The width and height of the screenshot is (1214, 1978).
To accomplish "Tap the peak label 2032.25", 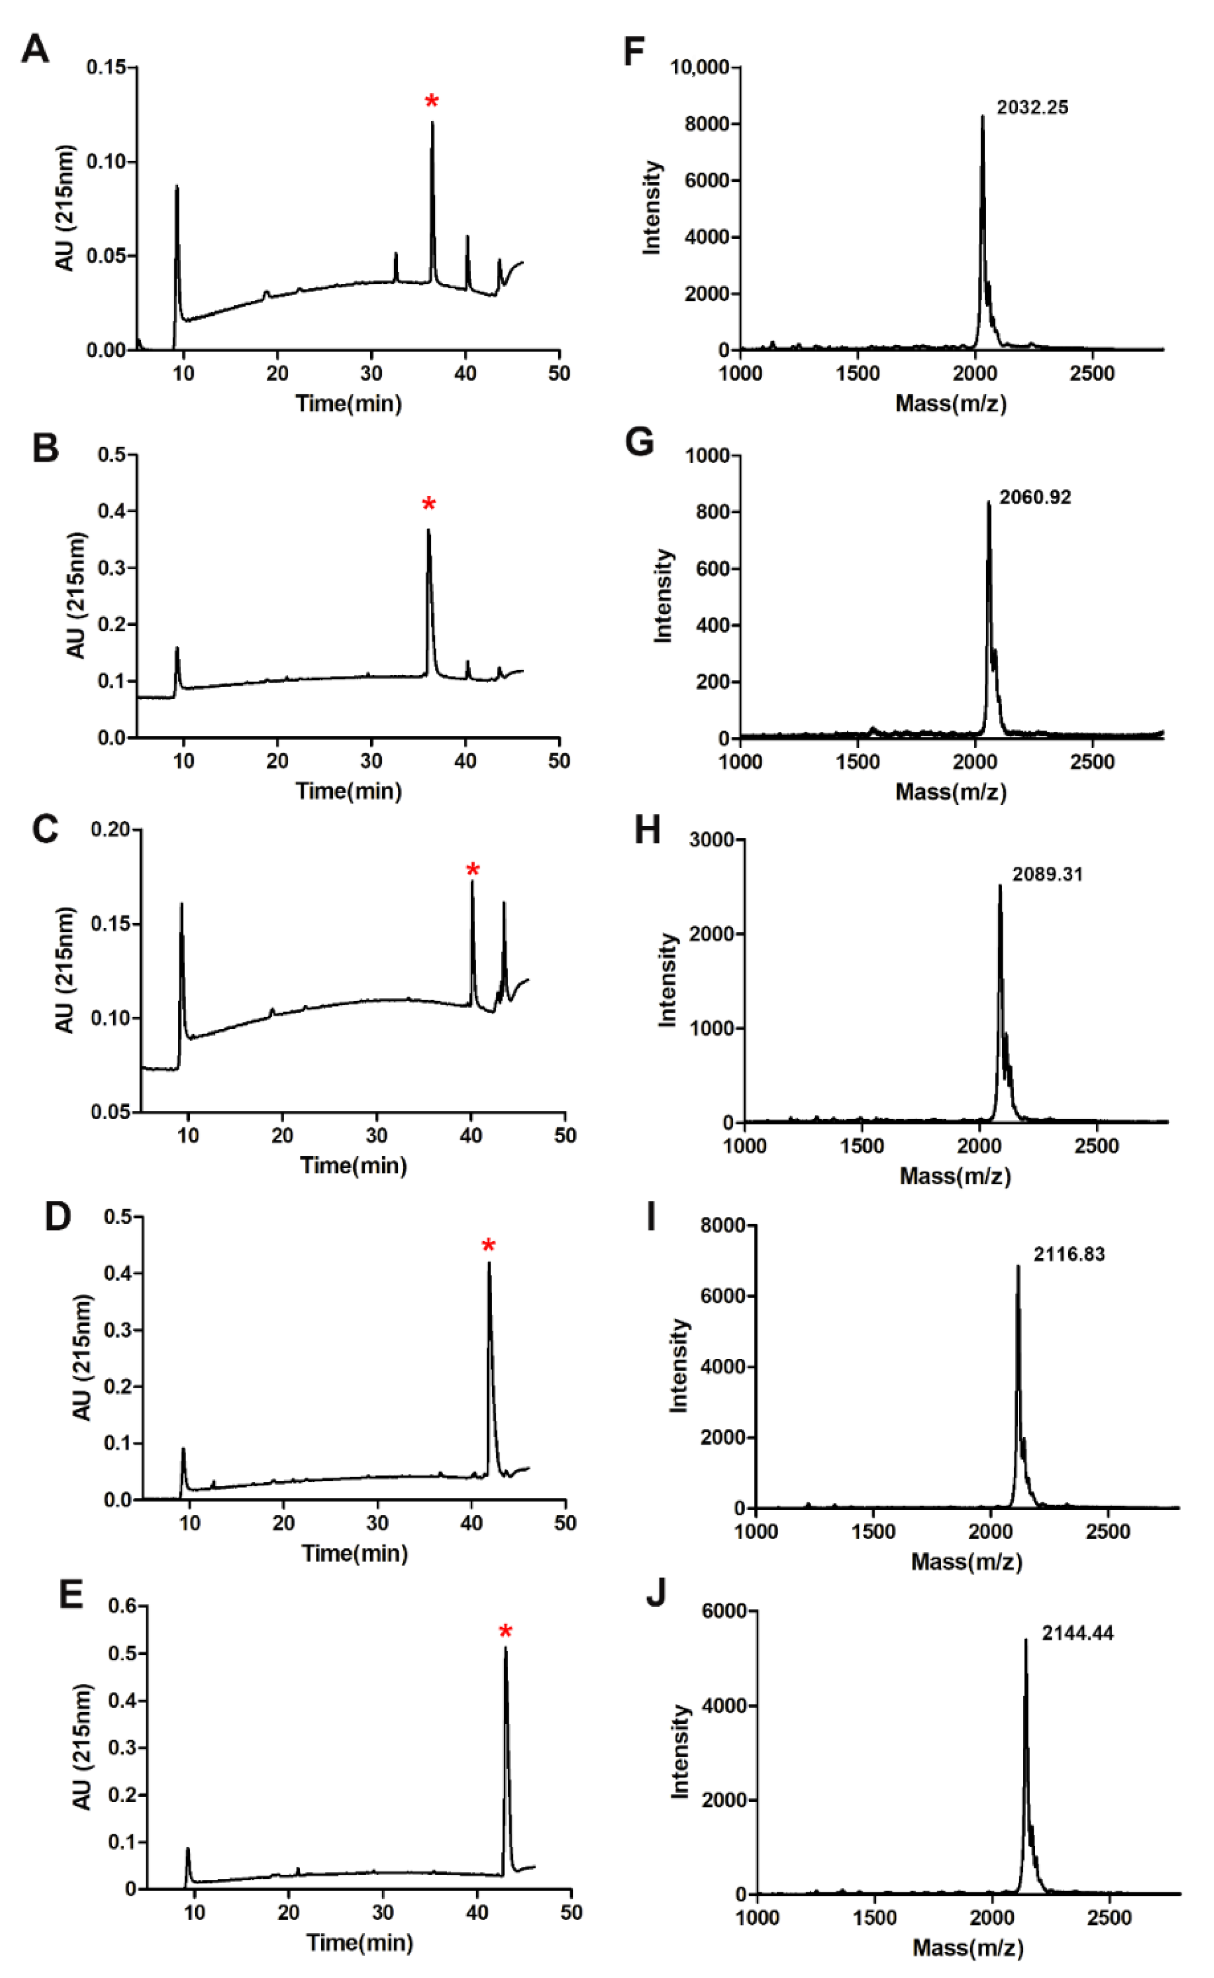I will (x=1032, y=107).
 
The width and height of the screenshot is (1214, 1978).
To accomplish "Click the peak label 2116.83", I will (x=1069, y=1253).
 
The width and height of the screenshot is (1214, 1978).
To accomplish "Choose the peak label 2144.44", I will (x=1077, y=1632).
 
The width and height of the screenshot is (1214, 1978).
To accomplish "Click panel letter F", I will (x=634, y=52).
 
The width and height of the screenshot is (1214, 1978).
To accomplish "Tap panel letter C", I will (x=45, y=829).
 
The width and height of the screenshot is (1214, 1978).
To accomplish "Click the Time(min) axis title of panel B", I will (x=348, y=791).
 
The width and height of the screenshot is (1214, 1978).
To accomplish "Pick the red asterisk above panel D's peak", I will (x=488, y=1246).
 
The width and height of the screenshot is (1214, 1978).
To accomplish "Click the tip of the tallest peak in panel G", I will (x=989, y=503).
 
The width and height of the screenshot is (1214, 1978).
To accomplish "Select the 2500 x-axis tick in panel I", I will (x=1108, y=1531).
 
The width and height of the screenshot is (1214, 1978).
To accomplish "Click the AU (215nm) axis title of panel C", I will (x=64, y=970).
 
